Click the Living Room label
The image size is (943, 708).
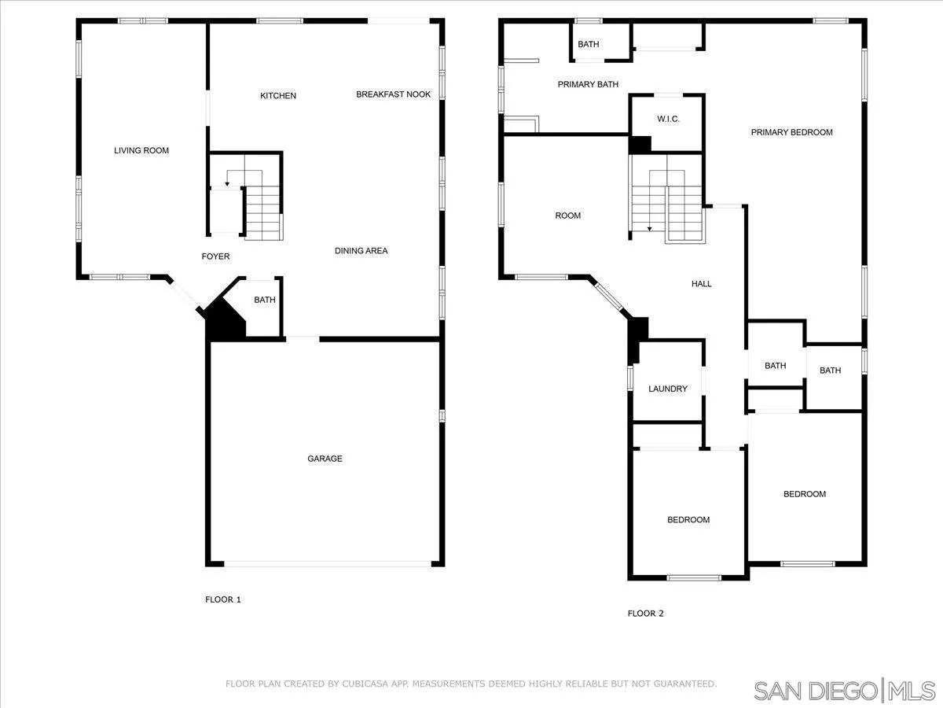[x=141, y=150]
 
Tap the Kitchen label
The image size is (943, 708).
[x=278, y=96]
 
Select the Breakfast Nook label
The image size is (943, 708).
[x=393, y=94]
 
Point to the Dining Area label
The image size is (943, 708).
[x=361, y=251]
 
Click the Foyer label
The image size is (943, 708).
[x=215, y=256]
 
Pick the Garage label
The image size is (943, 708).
[x=325, y=459]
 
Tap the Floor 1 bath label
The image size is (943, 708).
[x=265, y=300]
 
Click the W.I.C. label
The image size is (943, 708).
[x=668, y=119]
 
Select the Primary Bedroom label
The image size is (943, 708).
[x=791, y=132]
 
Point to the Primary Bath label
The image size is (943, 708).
[x=588, y=84]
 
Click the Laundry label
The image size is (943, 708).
[x=668, y=389]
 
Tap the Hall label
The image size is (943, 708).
[x=702, y=284]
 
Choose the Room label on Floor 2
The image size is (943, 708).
[x=567, y=216]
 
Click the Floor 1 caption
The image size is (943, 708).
[x=223, y=599]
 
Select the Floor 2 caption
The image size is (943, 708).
[x=645, y=614]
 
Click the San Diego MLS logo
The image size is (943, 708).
[x=846, y=691]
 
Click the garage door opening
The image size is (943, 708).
[x=327, y=563]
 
